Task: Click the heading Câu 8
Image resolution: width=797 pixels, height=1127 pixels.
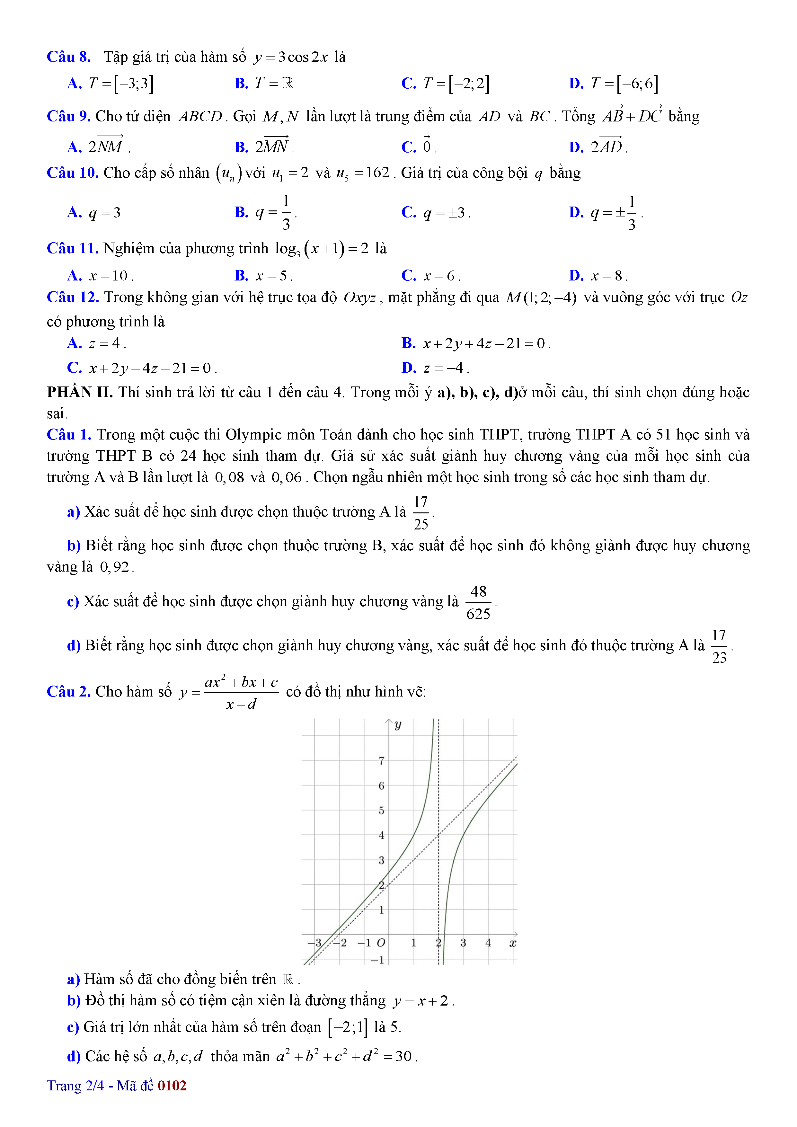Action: coord(69,57)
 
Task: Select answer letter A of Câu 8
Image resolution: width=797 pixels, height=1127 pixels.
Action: coord(74,84)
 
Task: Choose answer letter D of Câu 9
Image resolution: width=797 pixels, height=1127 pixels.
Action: coord(576,147)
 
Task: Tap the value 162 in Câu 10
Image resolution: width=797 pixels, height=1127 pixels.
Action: coord(377,173)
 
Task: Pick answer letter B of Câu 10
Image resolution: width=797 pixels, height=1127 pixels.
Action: coord(241,213)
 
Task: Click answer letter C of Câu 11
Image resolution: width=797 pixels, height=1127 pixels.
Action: coord(408,276)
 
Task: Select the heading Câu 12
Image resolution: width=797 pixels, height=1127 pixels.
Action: coord(73,297)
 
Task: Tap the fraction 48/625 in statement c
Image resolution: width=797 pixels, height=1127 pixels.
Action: coord(478,603)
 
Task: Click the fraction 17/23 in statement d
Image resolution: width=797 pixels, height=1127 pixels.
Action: coord(719,646)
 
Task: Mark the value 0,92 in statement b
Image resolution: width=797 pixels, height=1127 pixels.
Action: coord(114,567)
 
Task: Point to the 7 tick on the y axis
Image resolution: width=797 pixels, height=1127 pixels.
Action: coord(381,761)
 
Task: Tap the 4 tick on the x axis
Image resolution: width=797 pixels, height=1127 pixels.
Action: coord(488,943)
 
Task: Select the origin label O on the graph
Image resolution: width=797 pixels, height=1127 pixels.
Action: coord(381,943)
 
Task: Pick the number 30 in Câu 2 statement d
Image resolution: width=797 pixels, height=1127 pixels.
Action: coord(403,1056)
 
